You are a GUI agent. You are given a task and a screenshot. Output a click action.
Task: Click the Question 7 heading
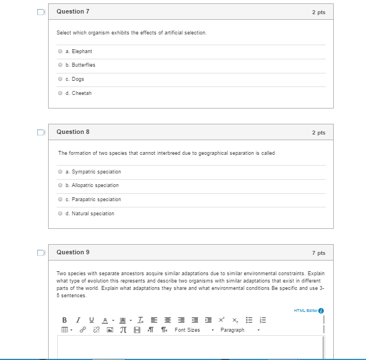click(73, 12)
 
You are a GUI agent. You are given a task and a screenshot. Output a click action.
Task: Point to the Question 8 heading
click(73, 132)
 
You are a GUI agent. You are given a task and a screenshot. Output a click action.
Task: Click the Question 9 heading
click(73, 252)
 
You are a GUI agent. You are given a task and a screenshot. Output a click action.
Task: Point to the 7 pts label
click(318, 253)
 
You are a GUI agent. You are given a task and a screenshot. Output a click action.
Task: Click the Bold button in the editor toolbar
click(64, 320)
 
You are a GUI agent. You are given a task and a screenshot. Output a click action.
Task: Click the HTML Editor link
click(306, 310)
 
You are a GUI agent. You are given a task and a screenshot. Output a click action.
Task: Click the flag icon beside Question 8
click(40, 132)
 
